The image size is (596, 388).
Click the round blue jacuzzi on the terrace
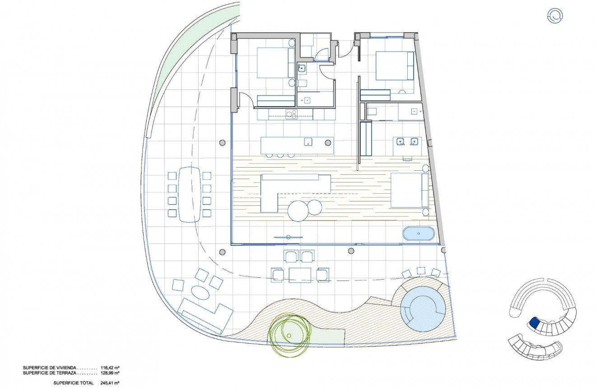(423, 309)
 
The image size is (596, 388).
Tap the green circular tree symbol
(289, 334)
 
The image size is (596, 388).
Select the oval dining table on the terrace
(190, 194)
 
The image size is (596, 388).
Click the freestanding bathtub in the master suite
(419, 234)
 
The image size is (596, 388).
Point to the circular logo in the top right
(555, 16)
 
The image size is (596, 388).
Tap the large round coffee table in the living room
(298, 210)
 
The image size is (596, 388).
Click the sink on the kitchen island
(308, 142)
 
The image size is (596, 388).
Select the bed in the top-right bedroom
(394, 66)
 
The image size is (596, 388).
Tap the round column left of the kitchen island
(222, 143)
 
